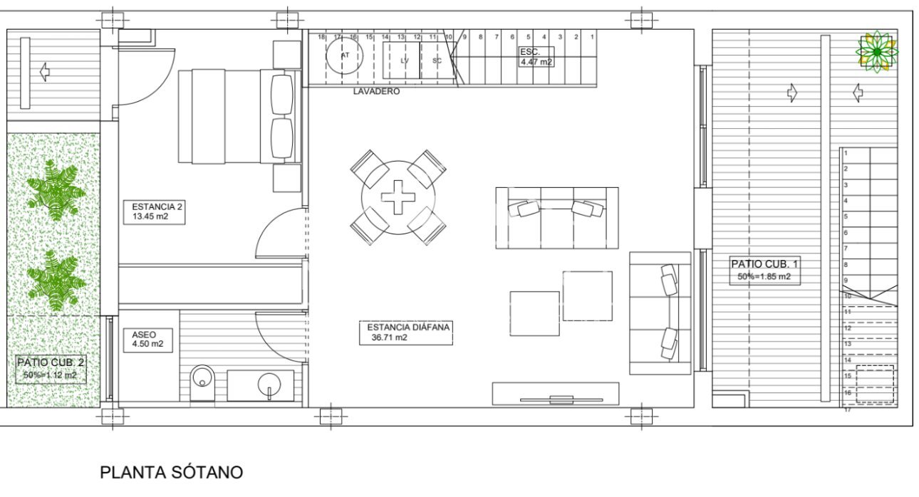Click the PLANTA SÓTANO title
click(171, 472)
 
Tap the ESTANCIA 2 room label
click(152, 207)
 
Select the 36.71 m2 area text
click(388, 338)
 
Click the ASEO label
click(143, 334)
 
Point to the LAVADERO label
click(376, 92)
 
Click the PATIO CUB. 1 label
click(759, 264)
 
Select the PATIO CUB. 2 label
click(49, 362)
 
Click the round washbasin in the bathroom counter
click(269, 387)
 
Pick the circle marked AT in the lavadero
click(345, 56)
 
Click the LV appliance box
click(404, 60)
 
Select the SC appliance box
click(437, 60)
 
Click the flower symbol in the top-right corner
click(876, 51)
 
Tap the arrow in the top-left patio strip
click(44, 71)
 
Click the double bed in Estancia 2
click(235, 115)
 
